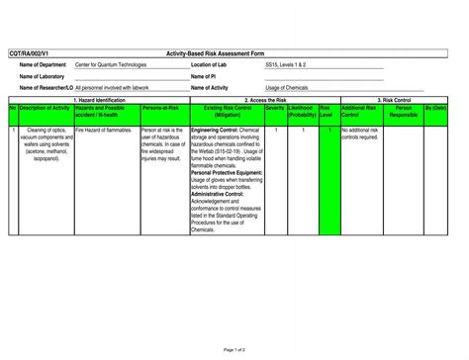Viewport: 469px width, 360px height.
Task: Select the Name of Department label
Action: coord(43,64)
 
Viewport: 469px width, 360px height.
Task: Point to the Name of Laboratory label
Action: coord(42,76)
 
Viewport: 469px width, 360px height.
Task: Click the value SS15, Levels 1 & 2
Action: coord(285,64)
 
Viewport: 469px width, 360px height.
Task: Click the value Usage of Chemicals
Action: coord(287,88)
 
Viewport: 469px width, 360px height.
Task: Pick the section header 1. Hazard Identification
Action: coord(99,100)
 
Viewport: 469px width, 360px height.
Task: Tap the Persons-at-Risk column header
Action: coord(160,108)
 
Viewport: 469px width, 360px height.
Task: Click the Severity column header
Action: coord(274,108)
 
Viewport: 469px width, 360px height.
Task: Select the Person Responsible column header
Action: coord(403,112)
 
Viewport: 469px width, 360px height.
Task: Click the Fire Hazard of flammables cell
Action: coord(105,130)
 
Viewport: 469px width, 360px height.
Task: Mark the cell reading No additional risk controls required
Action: coord(360,134)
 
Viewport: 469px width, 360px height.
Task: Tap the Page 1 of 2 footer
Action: coord(234,350)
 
